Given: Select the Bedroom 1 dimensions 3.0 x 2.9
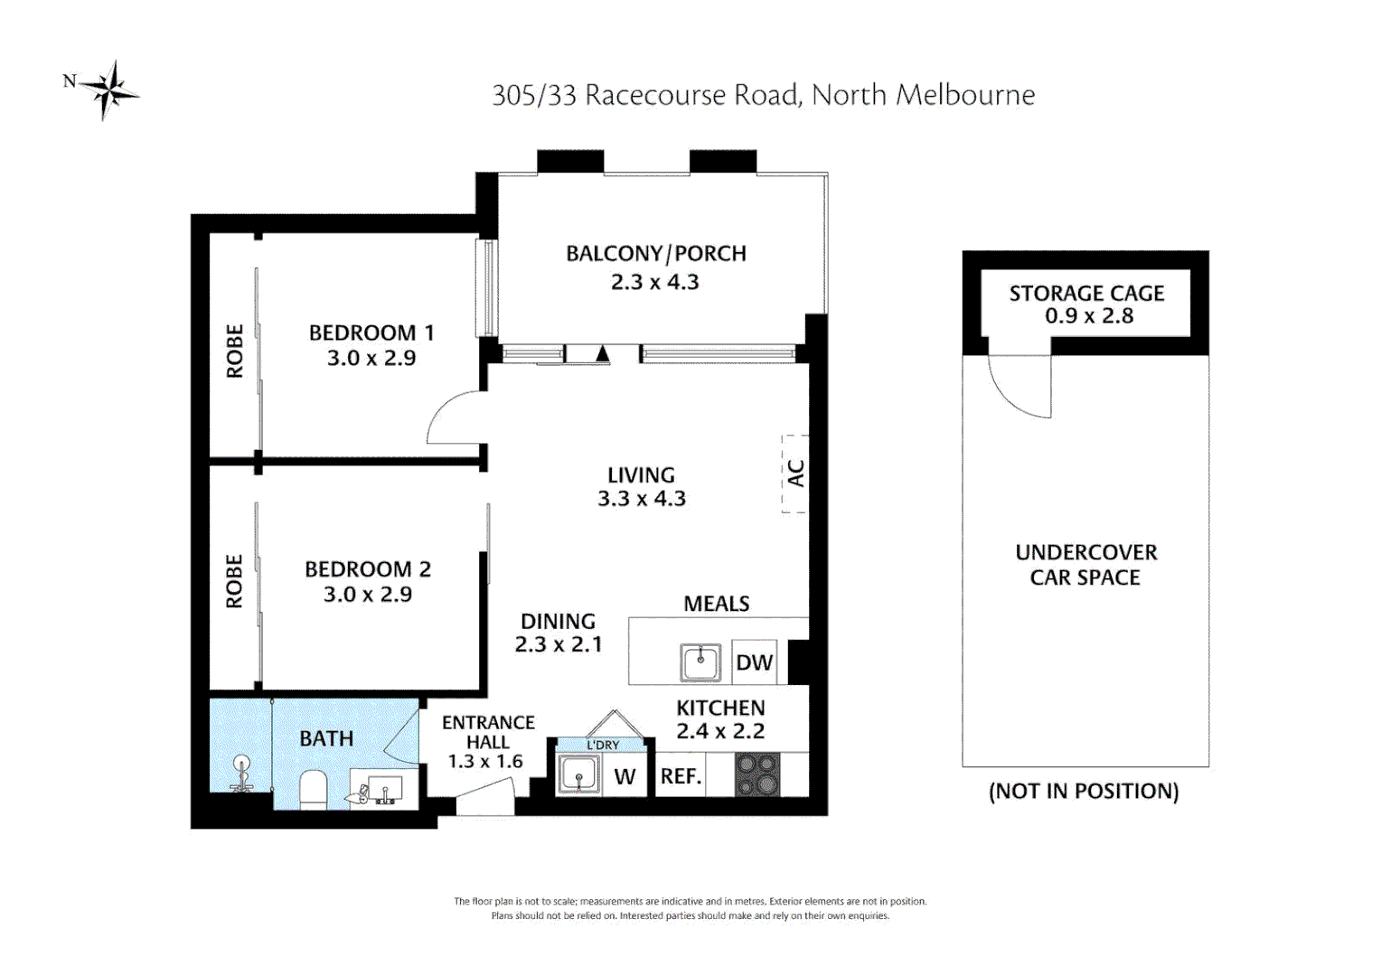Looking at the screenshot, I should (371, 358).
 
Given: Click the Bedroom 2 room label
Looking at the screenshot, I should (367, 569).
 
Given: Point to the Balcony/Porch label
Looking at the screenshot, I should (655, 254).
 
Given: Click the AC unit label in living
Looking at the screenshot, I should (795, 474).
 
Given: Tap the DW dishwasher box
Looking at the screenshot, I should (754, 662).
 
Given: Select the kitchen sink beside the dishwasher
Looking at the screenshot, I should (700, 662).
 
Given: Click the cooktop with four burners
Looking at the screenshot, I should (757, 775).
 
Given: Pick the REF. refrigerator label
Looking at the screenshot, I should (681, 776).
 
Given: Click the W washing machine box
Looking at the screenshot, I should (625, 777).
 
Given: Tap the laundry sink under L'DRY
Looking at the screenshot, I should (578, 774).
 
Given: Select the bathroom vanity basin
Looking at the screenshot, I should (385, 789).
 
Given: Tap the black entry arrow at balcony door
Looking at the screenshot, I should (603, 353).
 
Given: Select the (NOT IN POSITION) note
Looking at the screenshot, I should (1084, 792).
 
